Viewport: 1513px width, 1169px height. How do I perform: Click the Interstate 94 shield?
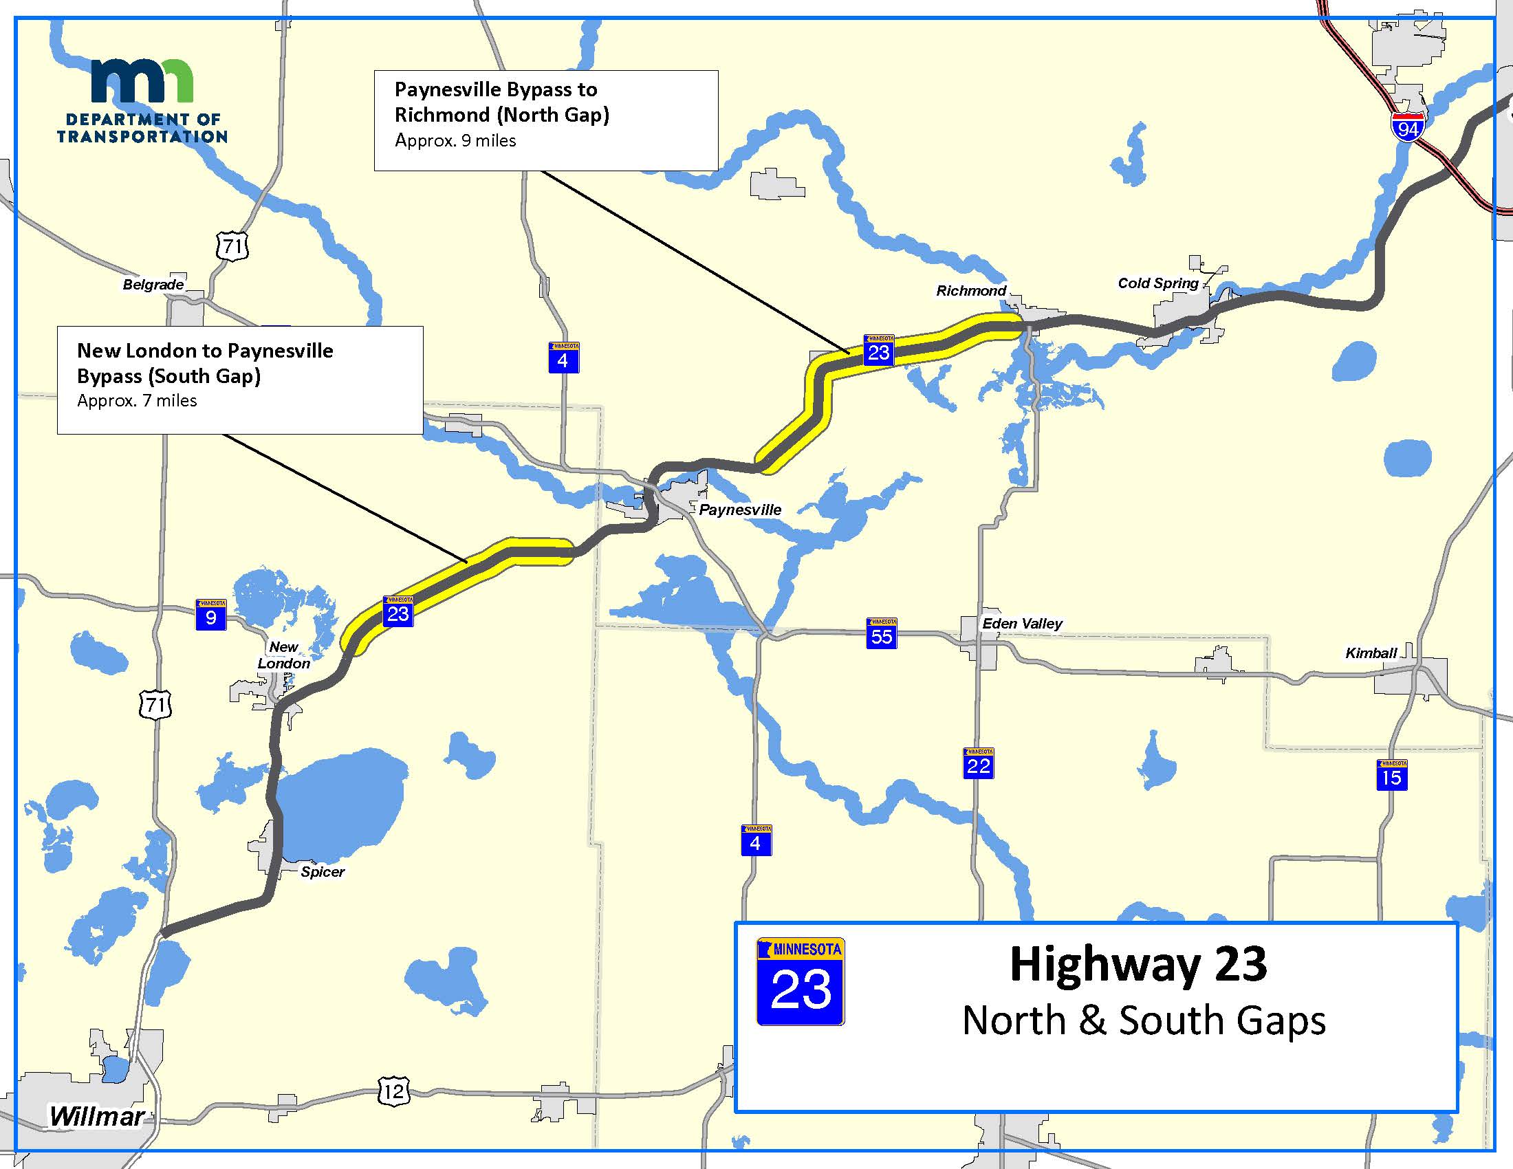tap(1408, 127)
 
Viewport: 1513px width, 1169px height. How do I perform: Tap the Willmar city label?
tap(96, 1115)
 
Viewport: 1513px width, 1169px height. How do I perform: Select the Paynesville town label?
tap(740, 510)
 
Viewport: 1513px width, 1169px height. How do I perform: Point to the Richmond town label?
tap(970, 291)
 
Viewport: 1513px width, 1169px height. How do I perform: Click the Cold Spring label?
tap(1157, 283)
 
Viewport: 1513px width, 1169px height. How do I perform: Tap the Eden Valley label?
tap(1022, 623)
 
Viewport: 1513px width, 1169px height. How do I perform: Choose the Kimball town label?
tap(1370, 653)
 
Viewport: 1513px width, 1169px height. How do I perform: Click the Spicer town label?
tap(322, 872)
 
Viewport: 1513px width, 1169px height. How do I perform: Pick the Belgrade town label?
tap(153, 285)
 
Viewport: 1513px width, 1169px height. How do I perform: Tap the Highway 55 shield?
tap(881, 634)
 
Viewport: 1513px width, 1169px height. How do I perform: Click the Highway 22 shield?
tap(978, 763)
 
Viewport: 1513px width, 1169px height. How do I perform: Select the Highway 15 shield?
tap(1391, 775)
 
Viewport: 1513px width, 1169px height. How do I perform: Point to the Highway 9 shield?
tap(211, 615)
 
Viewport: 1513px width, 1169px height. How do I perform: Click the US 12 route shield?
tap(393, 1092)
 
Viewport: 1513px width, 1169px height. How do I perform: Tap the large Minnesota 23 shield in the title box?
tap(800, 981)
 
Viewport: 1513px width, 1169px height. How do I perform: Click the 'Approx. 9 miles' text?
tap(455, 140)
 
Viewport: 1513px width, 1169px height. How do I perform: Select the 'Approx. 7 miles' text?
tap(137, 401)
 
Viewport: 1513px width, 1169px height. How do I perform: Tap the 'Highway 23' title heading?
tap(1138, 964)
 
